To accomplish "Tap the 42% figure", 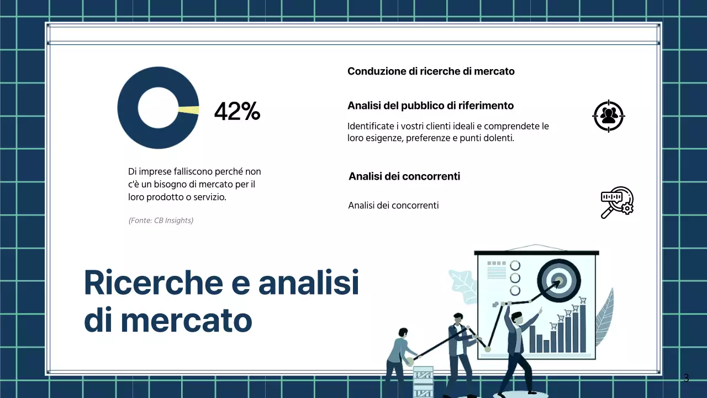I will (x=237, y=112).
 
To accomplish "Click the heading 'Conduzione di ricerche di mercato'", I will (x=431, y=71).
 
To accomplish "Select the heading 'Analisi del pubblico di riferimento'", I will (x=430, y=106).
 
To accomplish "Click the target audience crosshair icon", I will (x=609, y=116).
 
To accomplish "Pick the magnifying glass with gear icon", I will (x=616, y=202).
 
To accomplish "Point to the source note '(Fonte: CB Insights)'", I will (x=161, y=221).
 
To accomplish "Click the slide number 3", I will (x=686, y=379).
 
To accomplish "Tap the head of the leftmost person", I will (x=403, y=333).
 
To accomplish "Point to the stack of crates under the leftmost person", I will (x=423, y=381).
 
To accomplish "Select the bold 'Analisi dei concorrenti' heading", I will (x=404, y=176).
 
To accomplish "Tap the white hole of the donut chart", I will (x=157, y=108).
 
